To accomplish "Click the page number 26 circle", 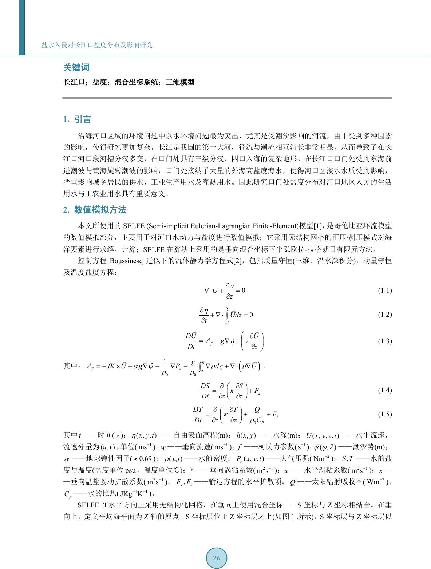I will click(x=216, y=558).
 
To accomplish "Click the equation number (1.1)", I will click(x=384, y=291).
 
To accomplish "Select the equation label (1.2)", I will click(x=384, y=315).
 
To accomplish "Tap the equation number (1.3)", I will click(x=384, y=341).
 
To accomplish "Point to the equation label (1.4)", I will click(x=384, y=390).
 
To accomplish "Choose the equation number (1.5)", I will click(x=384, y=414).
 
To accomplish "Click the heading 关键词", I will click(x=76, y=68).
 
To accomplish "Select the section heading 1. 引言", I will click(x=77, y=119).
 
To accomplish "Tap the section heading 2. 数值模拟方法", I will click(x=95, y=210).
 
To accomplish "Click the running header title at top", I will click(x=97, y=45).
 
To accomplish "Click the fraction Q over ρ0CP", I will click(x=257, y=414).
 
